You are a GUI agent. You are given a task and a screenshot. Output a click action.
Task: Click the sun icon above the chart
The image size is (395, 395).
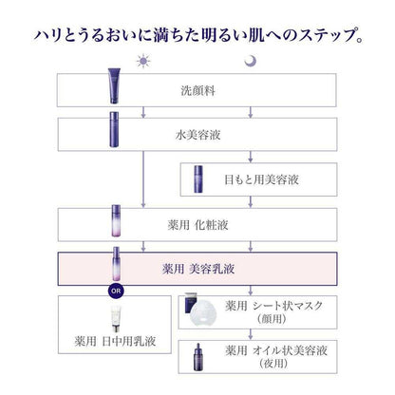point(143,61)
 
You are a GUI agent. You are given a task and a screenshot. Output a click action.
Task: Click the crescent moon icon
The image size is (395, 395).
point(250,61)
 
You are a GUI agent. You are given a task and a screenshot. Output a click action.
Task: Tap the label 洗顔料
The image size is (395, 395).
point(197,90)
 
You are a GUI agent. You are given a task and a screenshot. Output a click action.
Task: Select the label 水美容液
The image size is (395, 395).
point(197,135)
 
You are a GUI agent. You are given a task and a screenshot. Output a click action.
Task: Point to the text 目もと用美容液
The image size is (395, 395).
point(261,179)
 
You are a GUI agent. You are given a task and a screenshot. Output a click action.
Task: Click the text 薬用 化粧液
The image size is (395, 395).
point(197,225)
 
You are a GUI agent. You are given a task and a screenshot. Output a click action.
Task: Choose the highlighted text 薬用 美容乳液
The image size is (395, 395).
point(198,269)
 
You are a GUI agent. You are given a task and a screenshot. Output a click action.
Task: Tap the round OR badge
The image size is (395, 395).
point(116,291)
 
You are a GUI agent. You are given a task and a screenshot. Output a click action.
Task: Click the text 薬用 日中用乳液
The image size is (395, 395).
point(115,341)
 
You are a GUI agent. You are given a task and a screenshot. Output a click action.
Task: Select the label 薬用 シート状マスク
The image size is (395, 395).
point(274,306)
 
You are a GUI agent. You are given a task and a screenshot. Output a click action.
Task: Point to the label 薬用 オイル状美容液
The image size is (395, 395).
point(276,350)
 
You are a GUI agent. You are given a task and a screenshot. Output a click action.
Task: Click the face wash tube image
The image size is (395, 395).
point(114,86)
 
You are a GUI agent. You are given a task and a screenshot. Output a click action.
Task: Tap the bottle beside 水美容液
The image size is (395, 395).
point(114,129)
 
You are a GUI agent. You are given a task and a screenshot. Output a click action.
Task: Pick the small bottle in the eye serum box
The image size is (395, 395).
point(198,179)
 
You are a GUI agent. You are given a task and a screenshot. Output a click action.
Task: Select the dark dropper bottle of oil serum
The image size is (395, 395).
point(198,357)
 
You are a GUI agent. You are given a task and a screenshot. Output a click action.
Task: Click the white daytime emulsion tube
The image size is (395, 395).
point(116,319)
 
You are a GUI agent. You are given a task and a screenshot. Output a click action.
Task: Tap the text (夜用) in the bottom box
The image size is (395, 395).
point(273,364)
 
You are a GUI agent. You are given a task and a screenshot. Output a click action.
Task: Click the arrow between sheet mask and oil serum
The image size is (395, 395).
point(251,334)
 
